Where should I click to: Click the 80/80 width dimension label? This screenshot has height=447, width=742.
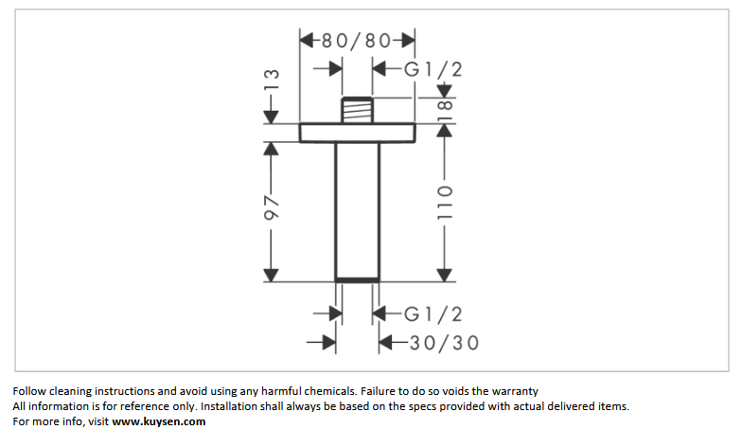click(x=357, y=41)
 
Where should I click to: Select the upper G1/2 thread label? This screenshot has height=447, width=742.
click(x=433, y=70)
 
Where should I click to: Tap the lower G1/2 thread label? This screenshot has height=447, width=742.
click(x=433, y=314)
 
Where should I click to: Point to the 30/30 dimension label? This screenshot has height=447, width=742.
click(x=445, y=343)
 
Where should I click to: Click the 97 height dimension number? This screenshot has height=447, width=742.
click(x=271, y=206)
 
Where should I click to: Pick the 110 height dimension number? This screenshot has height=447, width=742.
click(x=445, y=203)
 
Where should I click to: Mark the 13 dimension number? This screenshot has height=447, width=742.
click(x=271, y=80)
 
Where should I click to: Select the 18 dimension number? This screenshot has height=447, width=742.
click(x=445, y=111)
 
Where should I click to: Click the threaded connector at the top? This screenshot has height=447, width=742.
click(x=358, y=110)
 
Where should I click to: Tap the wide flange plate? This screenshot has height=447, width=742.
click(x=358, y=133)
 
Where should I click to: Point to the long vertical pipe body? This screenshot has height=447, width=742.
click(x=358, y=210)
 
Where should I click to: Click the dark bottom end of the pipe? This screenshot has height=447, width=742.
click(x=358, y=280)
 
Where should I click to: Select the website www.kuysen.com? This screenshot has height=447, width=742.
click(x=159, y=421)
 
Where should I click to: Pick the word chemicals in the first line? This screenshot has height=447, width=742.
click(x=329, y=391)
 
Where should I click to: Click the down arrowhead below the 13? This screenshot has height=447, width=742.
click(x=271, y=116)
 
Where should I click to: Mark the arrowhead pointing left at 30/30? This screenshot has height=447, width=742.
click(x=386, y=343)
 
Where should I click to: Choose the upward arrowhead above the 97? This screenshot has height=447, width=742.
click(x=271, y=150)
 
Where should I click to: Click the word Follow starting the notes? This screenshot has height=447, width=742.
click(x=29, y=391)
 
